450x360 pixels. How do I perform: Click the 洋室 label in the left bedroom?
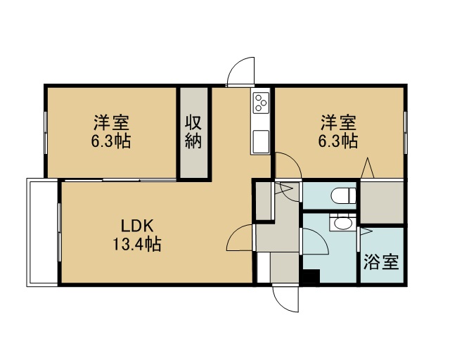(x=111, y=123)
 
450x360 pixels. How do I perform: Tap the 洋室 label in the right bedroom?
(x=338, y=123)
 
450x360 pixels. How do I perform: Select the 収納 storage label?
(x=193, y=131)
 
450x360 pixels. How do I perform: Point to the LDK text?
(x=137, y=226)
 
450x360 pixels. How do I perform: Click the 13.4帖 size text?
(x=137, y=244)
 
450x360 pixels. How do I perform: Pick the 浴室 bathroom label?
(x=381, y=262)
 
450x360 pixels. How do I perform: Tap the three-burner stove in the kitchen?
(x=261, y=103)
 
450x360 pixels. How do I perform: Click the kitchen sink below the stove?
(x=261, y=142)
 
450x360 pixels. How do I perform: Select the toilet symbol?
(x=344, y=195)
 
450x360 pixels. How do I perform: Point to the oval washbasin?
(x=342, y=224)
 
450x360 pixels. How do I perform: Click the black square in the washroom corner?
(x=311, y=277)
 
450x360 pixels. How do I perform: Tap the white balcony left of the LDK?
(x=42, y=232)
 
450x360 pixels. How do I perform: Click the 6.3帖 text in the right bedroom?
(x=338, y=141)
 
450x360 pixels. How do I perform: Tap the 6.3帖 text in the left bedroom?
(x=111, y=141)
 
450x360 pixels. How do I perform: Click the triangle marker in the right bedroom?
(x=367, y=167)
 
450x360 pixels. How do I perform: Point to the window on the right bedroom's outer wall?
(x=405, y=132)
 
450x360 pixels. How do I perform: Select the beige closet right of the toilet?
(x=382, y=202)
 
